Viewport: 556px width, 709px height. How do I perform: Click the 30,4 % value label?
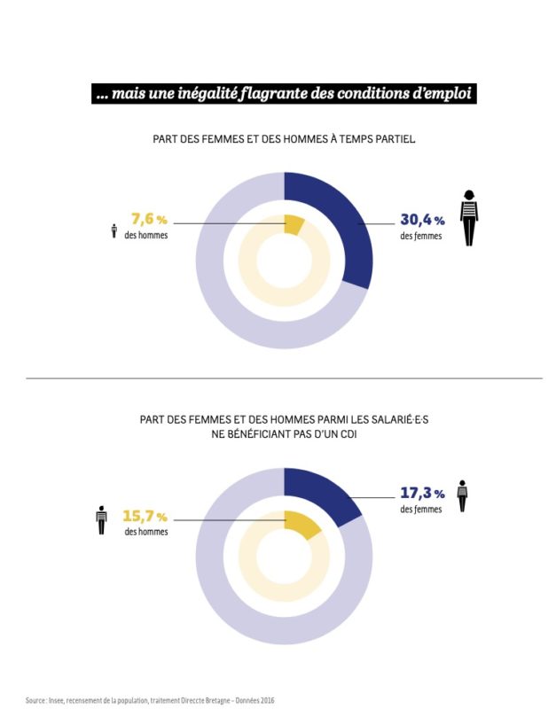[x=421, y=221]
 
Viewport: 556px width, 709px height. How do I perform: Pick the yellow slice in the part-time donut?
[x=294, y=224]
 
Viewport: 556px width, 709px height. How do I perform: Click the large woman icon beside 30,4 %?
[x=468, y=217]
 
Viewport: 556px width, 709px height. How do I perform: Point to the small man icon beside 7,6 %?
[x=114, y=231]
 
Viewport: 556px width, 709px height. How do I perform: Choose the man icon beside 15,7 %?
[x=102, y=519]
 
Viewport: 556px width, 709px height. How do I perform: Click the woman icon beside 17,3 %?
[x=462, y=495]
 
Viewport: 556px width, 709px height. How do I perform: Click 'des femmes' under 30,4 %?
[x=419, y=237]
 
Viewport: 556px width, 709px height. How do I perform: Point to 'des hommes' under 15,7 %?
[x=146, y=532]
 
